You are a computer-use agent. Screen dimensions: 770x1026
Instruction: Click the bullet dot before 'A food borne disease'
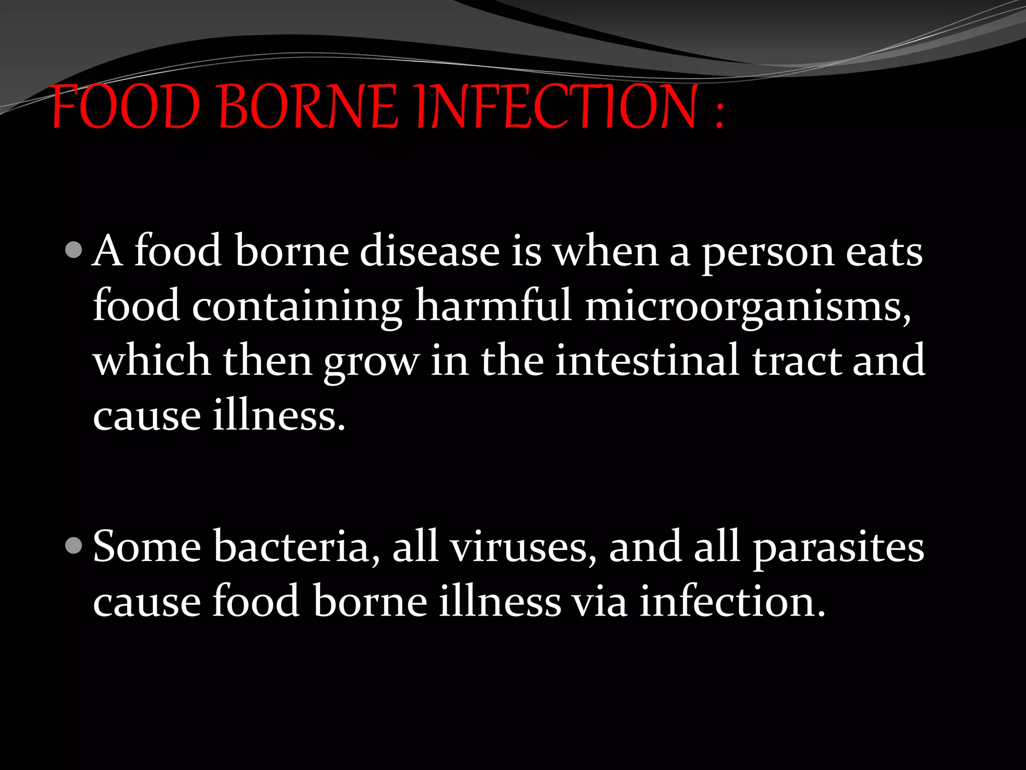coord(74,250)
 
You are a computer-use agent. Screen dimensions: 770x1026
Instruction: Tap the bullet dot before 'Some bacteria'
coord(74,545)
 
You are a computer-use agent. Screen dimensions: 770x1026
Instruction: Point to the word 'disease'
coord(429,251)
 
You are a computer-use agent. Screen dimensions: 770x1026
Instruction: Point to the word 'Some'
coord(147,546)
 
